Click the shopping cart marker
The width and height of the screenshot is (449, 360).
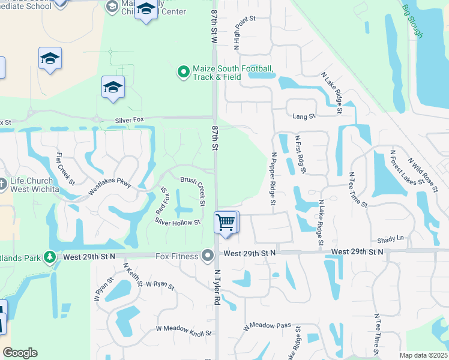[x=226, y=223]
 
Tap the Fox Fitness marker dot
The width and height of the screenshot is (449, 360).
[x=208, y=256]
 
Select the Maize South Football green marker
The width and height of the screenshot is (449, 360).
[x=184, y=73]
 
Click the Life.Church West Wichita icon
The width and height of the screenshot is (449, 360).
[x=4, y=185]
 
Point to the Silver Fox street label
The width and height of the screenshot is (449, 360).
[x=130, y=121]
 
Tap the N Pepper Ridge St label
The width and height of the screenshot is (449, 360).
[x=273, y=178]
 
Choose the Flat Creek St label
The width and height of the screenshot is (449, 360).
[x=65, y=169]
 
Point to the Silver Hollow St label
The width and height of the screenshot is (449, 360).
[x=177, y=222]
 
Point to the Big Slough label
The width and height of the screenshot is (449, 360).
[x=412, y=21]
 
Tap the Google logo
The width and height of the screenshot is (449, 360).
[x=20, y=353]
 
